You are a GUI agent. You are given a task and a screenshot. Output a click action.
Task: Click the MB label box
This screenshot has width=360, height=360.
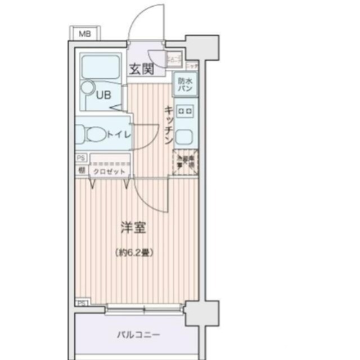point(83,34)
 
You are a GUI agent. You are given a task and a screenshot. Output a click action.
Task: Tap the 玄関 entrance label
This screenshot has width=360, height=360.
point(141,69)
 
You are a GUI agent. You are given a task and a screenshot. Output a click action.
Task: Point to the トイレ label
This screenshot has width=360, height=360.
point(119,135)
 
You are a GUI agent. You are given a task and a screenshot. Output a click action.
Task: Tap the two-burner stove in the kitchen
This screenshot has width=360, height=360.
point(185,111)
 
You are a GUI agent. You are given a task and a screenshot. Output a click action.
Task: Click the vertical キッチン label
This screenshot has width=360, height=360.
point(168,125)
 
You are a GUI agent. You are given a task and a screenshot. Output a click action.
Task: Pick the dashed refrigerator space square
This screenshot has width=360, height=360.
point(185,163)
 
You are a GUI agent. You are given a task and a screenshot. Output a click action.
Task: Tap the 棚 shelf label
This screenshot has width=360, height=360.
point(82,170)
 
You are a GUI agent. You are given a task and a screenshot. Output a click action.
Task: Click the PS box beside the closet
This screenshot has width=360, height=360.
point(81,158)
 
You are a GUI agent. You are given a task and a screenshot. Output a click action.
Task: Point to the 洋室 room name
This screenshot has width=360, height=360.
point(134,228)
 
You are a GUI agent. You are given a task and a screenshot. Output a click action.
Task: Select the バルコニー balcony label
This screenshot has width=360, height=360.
point(138,335)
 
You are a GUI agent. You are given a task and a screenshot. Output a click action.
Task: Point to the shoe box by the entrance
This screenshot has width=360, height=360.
point(174,57)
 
